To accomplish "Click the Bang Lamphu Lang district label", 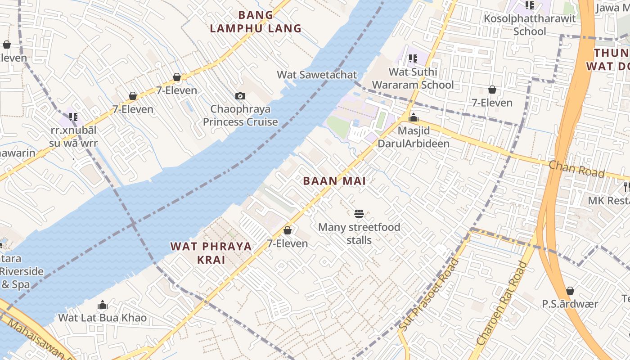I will tap(256, 22).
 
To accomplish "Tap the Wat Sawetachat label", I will tap(317, 75).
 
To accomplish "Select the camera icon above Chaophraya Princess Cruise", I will tap(240, 96).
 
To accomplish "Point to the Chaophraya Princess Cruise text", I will tap(240, 116).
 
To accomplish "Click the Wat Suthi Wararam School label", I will tap(413, 78).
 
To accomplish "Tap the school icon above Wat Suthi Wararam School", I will tap(413, 58).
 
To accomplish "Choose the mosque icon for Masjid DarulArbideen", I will tap(414, 118).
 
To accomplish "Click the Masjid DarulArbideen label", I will tap(414, 137).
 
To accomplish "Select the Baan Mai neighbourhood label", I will tap(334, 181).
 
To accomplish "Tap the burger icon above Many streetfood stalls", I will tap(359, 213).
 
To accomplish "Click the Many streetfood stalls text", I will tap(359, 233).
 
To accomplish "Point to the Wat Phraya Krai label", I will tap(211, 253).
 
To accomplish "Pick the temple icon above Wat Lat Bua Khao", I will tap(103, 305).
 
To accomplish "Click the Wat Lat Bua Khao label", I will tap(103, 318).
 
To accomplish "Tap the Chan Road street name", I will tap(576, 169).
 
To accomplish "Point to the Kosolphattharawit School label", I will tap(530, 25).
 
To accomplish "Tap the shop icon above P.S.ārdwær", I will tap(570, 291).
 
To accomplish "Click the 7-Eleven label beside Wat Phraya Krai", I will tap(288, 243).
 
